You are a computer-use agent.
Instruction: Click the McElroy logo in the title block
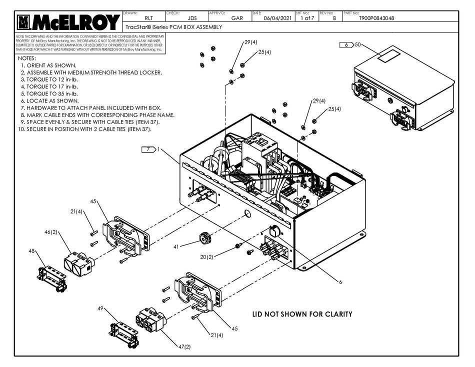pyautogui.click(x=68, y=22)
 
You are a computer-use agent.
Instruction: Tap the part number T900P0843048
pyautogui.click(x=376, y=18)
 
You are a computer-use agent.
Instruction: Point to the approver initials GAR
pyautogui.click(x=237, y=18)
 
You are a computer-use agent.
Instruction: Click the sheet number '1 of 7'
pyautogui.click(x=307, y=18)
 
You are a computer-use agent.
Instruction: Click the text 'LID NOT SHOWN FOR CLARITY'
pyautogui.click(x=301, y=314)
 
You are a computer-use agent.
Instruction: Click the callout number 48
pyautogui.click(x=32, y=251)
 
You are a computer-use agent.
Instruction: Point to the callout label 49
pyautogui.click(x=100, y=308)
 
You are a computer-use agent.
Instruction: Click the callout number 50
pyautogui.click(x=357, y=45)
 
